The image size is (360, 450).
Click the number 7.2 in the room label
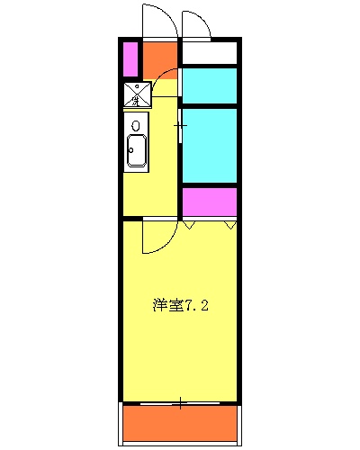click(198, 305)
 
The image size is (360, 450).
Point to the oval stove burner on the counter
click(136, 125)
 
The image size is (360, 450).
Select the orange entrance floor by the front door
click(161, 58)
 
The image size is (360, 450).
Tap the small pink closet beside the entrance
click(130, 59)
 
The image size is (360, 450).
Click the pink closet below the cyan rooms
click(210, 202)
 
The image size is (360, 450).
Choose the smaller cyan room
click(210, 85)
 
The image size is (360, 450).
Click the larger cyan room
click(210, 146)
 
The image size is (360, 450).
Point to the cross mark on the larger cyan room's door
click(180, 126)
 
